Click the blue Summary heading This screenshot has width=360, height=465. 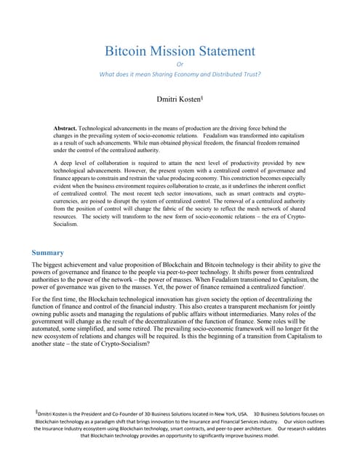pos(48,252)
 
